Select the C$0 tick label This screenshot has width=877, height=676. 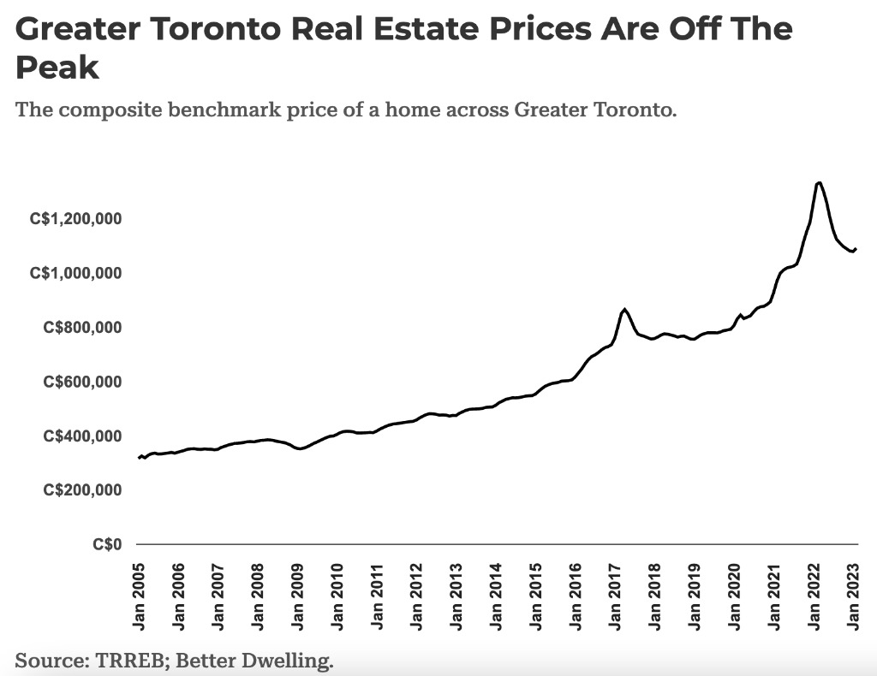coord(109,544)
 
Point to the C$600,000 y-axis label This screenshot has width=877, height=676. coord(83,382)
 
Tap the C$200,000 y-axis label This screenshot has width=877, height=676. coord(83,490)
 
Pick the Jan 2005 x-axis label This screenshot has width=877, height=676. coord(140,596)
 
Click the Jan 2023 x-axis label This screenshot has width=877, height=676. coord(855,596)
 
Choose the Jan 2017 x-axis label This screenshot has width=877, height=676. coord(617,596)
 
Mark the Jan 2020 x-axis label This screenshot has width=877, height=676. coord(736,596)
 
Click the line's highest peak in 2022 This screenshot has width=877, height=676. coord(819,182)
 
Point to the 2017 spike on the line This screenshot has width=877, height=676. coord(625,309)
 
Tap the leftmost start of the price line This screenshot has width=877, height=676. coord(139,458)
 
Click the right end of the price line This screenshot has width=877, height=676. coord(856,248)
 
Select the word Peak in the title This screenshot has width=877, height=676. coord(57,68)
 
